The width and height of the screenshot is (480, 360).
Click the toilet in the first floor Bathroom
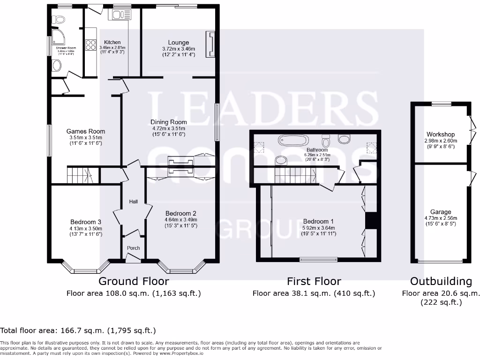tap(327, 141)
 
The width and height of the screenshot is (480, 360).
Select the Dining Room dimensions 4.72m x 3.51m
tap(168, 128)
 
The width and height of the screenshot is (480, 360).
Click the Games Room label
tap(86, 131)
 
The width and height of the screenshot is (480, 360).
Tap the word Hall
tap(133, 202)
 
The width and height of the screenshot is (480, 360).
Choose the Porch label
tap(134, 248)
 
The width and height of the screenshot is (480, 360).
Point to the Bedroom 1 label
tap(319, 222)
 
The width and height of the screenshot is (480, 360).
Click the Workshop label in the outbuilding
tap(441, 134)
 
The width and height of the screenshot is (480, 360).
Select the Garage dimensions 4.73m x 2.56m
tap(441, 218)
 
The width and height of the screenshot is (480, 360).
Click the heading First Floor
tap(314, 281)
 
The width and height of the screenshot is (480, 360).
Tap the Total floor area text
tap(78, 330)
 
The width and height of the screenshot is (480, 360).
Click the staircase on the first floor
tap(293, 176)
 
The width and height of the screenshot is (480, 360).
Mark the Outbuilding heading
tap(441, 281)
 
